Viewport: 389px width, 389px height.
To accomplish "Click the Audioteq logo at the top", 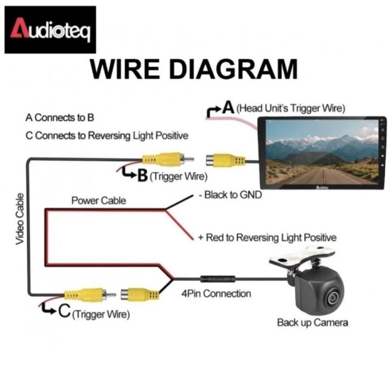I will coord(50,29).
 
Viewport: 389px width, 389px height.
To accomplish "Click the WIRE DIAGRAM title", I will coord(193,70).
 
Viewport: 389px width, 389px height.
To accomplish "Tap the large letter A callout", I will coord(228,107).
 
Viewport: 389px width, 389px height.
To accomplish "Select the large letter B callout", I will coord(142,175).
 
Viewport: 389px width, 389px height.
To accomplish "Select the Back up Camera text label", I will coord(312,323).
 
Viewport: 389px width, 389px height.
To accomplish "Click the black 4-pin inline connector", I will coord(217,279).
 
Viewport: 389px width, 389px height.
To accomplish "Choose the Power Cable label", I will coord(99,201).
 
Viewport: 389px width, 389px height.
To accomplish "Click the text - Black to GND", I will coord(230,195).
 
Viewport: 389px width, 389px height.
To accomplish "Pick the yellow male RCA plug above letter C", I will coord(86,294).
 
